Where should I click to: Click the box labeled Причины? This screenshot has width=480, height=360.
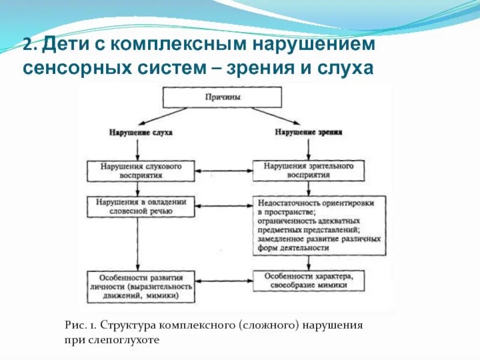point(222,97)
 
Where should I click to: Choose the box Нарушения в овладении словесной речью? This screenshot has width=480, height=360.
point(140,206)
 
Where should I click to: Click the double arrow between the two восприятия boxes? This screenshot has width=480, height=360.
point(224,171)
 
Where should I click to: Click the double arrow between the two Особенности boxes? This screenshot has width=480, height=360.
point(224,281)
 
